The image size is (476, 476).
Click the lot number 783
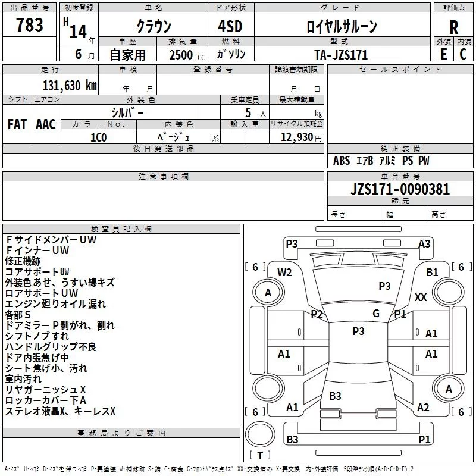[x=30, y=25]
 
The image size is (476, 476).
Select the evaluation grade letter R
[x=453, y=27]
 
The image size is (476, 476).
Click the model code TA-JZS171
[x=341, y=55]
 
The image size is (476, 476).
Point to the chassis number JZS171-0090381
[x=392, y=190]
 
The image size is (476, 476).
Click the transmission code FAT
[x=17, y=124]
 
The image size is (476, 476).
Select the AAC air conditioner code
[x=45, y=124]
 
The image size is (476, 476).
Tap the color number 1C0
[x=98, y=137]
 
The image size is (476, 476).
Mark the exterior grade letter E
[x=443, y=54]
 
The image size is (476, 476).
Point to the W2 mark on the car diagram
[x=284, y=273]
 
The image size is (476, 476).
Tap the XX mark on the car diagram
[x=421, y=297]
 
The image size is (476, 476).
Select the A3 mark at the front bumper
[x=424, y=243]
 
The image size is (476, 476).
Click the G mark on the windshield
[x=376, y=314]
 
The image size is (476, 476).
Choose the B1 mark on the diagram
[x=432, y=272]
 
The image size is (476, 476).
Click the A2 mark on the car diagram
[x=423, y=408]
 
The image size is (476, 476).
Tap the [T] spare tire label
[x=260, y=456]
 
